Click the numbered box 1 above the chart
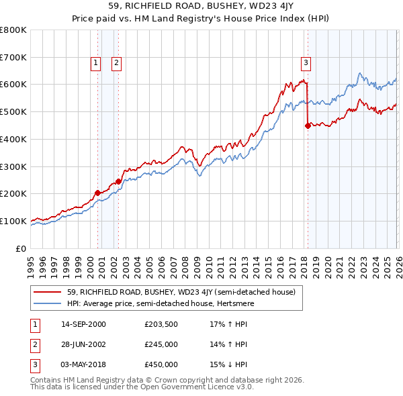coord(95,63)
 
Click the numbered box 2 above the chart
coord(116,63)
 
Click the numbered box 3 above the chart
coord(306,63)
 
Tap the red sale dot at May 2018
coord(308,125)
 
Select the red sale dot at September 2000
coord(97,193)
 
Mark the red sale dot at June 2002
coord(119,181)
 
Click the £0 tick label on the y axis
coord(21,248)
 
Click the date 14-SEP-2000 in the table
coord(83,324)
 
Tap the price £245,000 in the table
coord(161,344)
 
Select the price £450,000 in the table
coord(161,364)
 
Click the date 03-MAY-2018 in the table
coord(84,364)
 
